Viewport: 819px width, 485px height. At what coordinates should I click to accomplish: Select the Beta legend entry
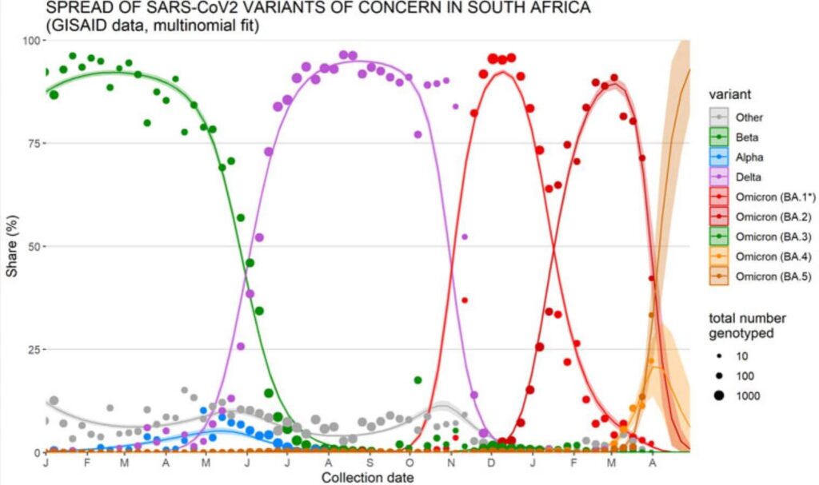tap(747, 137)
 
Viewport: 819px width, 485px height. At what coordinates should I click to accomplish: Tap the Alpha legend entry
tap(749, 158)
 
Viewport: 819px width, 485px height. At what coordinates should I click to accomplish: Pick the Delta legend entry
tap(748, 178)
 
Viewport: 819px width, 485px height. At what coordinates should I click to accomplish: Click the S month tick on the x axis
tap(369, 463)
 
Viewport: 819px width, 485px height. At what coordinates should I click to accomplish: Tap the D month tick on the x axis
tap(491, 463)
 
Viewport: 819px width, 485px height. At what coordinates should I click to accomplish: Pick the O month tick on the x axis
tap(409, 463)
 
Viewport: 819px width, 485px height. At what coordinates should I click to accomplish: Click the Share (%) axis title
tap(11, 246)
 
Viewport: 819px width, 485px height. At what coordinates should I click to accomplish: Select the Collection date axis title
tap(367, 478)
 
